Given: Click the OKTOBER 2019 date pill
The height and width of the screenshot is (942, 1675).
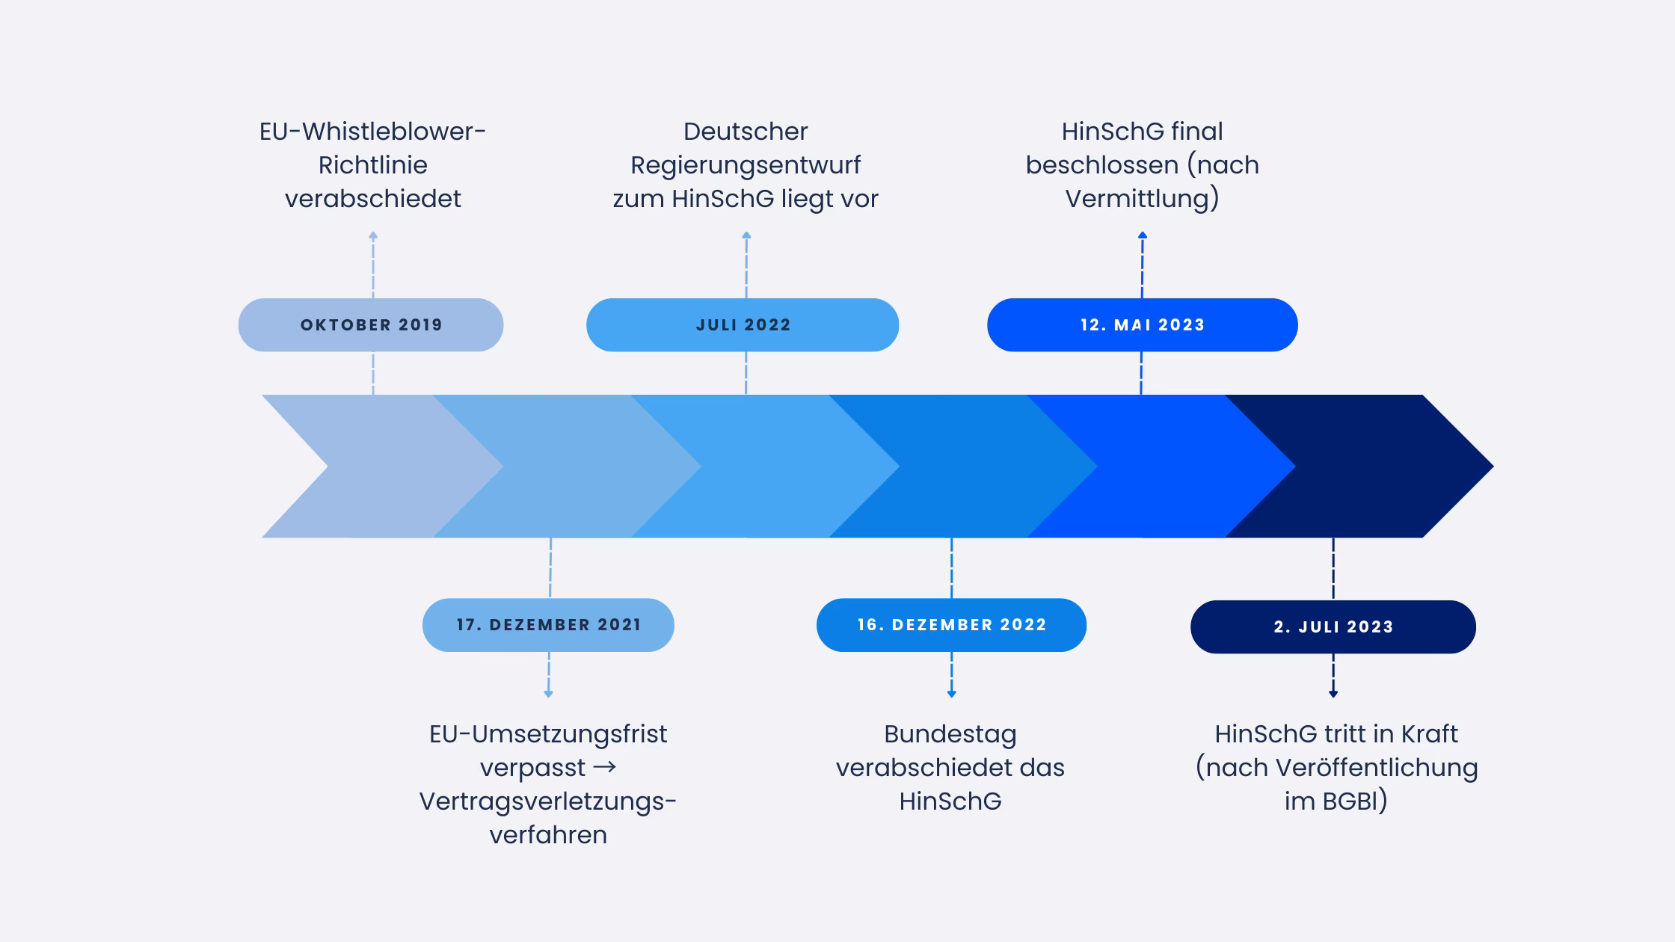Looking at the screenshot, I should (x=371, y=325).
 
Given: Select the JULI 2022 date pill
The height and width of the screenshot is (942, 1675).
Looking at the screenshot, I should (x=743, y=325).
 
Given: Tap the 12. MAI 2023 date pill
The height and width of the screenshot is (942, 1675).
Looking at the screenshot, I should (x=1142, y=325).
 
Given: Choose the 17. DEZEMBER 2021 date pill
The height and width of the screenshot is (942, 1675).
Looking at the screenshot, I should (x=548, y=625).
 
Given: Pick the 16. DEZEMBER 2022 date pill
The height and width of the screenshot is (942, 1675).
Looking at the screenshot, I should (x=951, y=625).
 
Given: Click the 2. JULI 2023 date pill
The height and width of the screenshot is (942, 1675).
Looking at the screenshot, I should (x=1333, y=627).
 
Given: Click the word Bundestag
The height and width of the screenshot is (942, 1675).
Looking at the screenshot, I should (x=950, y=734).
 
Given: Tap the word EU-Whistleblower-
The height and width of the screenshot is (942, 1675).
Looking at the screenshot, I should (x=372, y=132).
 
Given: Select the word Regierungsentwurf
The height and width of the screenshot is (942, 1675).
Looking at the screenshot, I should (x=746, y=165).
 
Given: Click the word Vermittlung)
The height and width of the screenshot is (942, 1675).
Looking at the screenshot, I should (x=1142, y=199).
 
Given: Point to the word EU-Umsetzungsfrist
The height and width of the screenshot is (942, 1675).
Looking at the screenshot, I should (x=548, y=734).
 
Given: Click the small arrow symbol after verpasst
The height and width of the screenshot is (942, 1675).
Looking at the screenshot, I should (x=605, y=767).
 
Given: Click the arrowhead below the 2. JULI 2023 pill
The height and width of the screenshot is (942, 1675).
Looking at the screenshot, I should (x=1333, y=694).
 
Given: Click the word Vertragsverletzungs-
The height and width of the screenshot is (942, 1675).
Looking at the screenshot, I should (x=548, y=801).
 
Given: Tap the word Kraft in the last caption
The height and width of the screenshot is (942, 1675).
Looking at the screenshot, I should (x=1429, y=734).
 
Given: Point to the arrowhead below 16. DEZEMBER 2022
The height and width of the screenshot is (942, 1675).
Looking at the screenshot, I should (x=951, y=694).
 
